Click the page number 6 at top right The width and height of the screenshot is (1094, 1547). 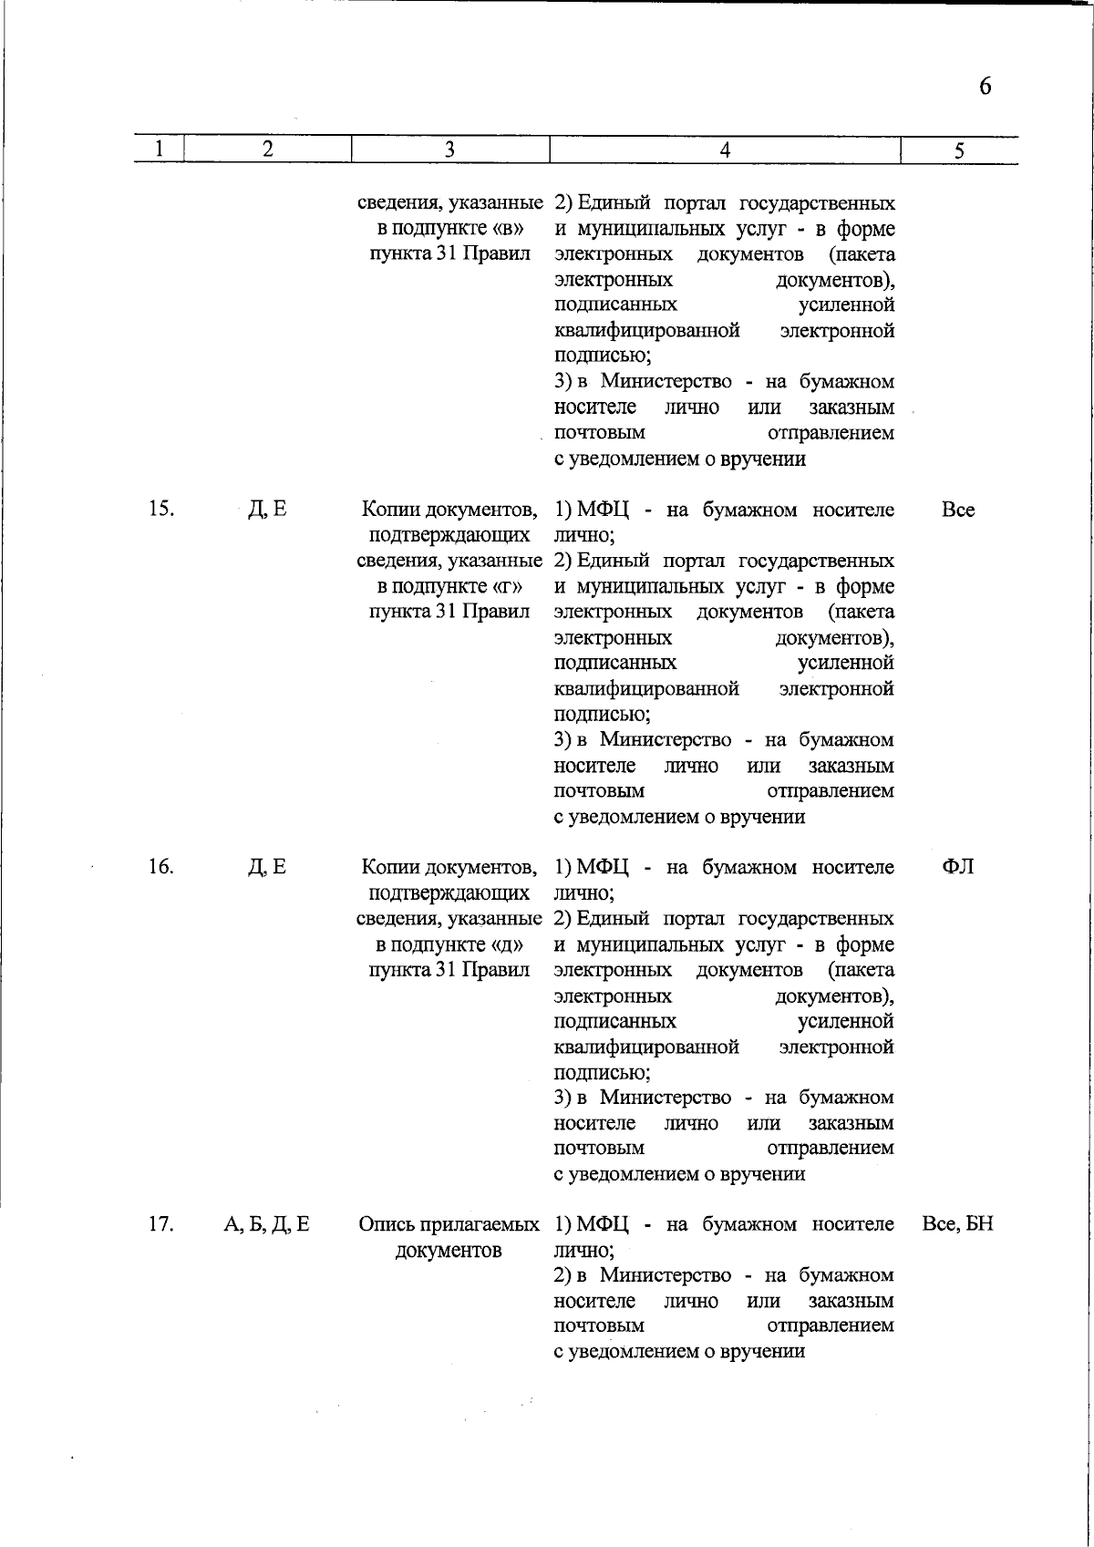tap(985, 87)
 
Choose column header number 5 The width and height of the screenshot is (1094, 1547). tap(959, 151)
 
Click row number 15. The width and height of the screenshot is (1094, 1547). tap(160, 509)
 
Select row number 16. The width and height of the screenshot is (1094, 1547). tap(160, 866)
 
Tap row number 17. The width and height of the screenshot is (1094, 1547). tap(160, 1224)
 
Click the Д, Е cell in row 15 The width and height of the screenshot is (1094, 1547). tap(267, 509)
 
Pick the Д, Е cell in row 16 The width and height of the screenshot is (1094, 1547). tap(267, 866)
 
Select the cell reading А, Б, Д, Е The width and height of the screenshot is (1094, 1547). tap(267, 1224)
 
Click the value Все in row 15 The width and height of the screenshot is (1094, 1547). tap(958, 510)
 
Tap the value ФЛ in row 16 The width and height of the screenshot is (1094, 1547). tap(958, 866)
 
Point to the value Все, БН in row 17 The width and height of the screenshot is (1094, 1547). tap(958, 1224)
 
